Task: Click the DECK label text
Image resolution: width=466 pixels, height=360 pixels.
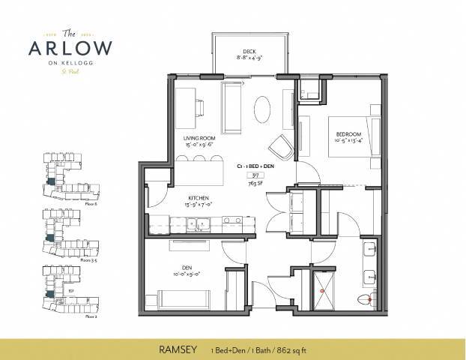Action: pyautogui.click(x=239, y=52)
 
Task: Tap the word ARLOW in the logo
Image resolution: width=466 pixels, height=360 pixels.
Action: pyautogui.click(x=72, y=47)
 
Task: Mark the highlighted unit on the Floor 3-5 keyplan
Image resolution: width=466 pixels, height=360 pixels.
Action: pyautogui.click(x=50, y=238)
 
